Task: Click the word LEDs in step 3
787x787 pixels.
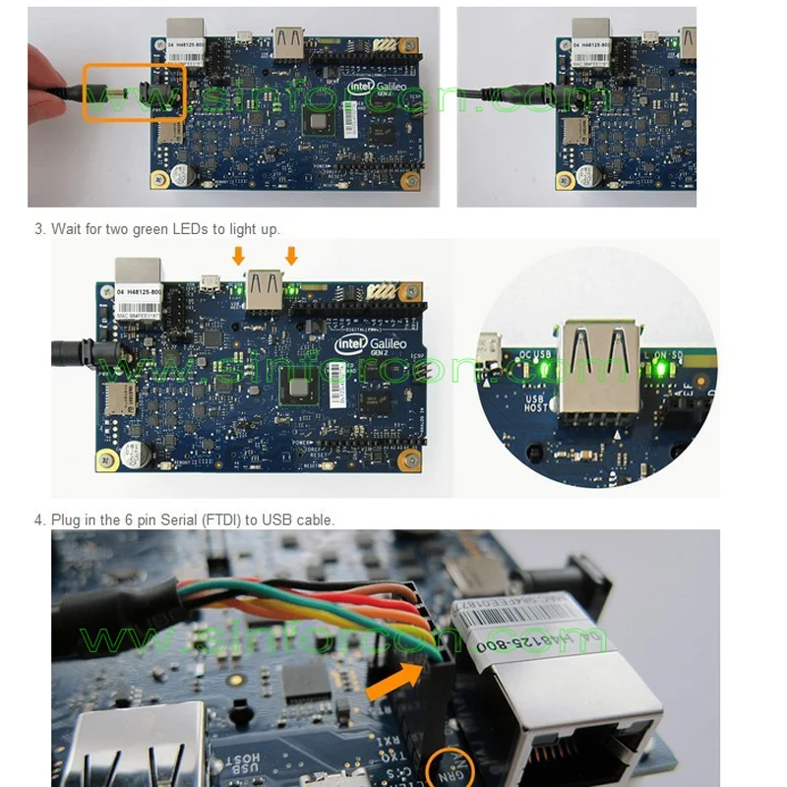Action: [x=202, y=229]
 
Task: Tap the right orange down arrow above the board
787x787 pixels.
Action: [x=291, y=256]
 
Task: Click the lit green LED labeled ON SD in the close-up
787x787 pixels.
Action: [x=661, y=370]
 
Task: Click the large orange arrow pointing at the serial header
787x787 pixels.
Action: [x=398, y=681]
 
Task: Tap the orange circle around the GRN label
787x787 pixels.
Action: [x=454, y=765]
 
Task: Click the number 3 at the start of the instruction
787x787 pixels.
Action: [x=39, y=229]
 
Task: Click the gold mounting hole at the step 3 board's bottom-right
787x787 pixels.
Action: [x=404, y=460]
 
